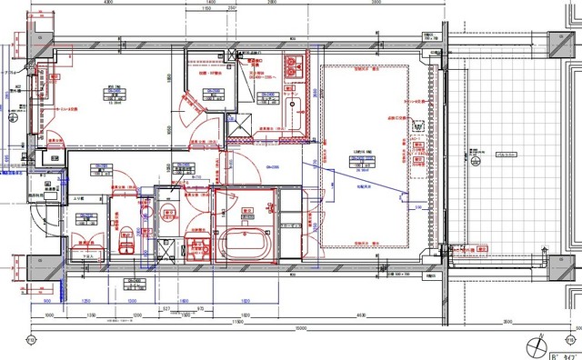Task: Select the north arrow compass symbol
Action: [537, 347]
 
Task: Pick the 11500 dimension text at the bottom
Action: [235, 321]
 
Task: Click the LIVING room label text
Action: [361, 151]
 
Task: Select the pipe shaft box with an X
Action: [241, 132]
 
